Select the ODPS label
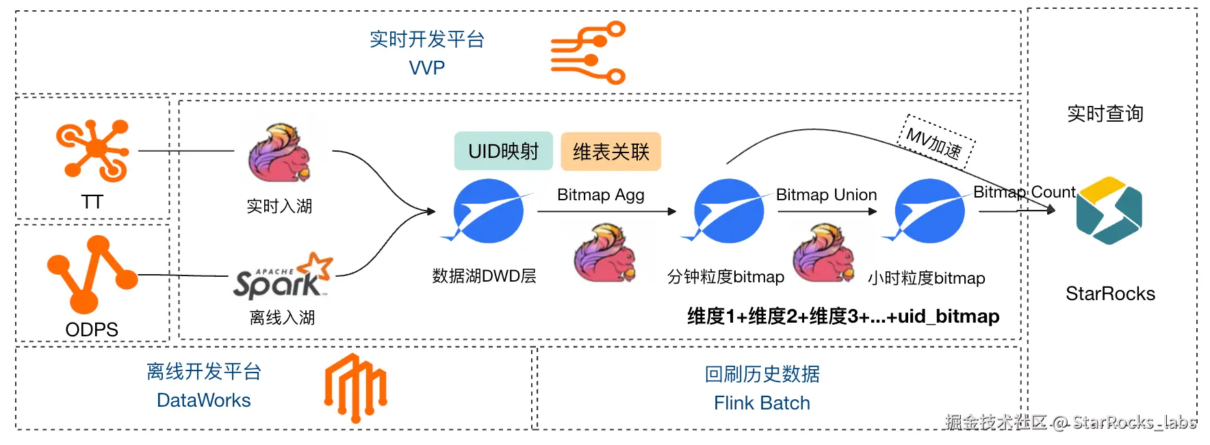click(x=92, y=329)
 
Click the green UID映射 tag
click(x=504, y=151)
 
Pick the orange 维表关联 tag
click(x=610, y=152)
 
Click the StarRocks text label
click(x=1110, y=294)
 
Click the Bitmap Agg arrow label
click(x=600, y=195)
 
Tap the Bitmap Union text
click(x=826, y=195)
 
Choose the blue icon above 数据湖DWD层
click(x=487, y=211)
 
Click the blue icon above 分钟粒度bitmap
click(x=727, y=211)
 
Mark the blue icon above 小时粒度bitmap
click(x=928, y=211)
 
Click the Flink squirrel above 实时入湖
click(x=279, y=153)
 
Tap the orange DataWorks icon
click(x=355, y=388)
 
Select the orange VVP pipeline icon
click(x=589, y=53)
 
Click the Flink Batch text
click(x=762, y=403)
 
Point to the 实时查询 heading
click(x=1105, y=113)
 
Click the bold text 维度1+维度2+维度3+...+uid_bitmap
click(x=843, y=316)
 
